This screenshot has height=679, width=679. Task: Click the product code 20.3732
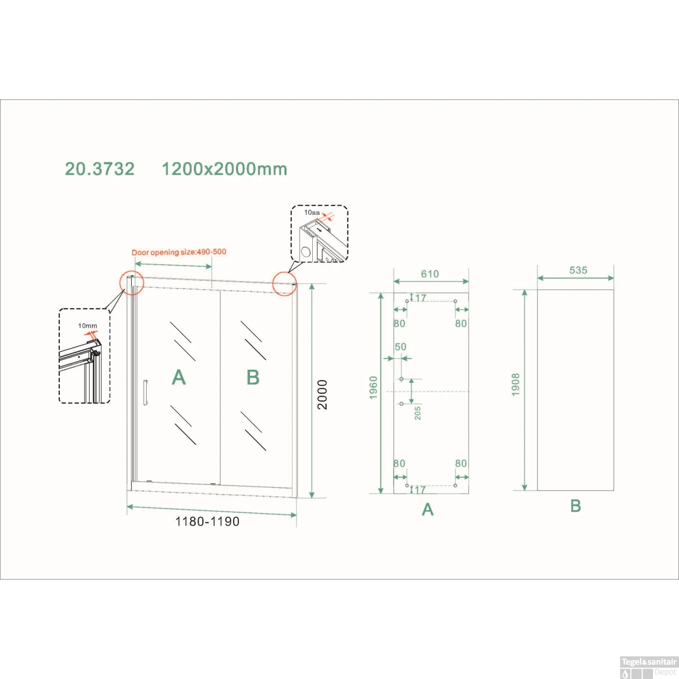[100, 169]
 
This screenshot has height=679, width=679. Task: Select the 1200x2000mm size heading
[225, 169]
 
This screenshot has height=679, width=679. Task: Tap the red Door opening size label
[179, 252]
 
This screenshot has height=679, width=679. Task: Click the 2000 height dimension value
[322, 395]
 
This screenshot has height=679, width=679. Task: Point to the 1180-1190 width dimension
[207, 521]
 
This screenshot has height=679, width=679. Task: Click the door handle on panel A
[145, 392]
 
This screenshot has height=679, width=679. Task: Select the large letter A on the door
[179, 378]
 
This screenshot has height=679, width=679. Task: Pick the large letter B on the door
[253, 378]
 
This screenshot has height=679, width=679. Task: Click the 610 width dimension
[430, 274]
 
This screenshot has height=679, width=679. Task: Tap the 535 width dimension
[578, 270]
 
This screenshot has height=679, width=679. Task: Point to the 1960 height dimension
[373, 388]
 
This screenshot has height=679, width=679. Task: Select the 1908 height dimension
[516, 385]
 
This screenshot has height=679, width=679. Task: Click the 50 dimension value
[401, 347]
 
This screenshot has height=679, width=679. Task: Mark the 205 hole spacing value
[417, 413]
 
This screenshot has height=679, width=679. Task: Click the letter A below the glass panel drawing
[428, 510]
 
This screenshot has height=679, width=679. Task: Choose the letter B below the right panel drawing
[575, 506]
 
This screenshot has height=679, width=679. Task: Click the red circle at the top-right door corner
[284, 284]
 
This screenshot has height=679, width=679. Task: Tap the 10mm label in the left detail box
[87, 326]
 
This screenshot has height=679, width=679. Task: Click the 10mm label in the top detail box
[312, 212]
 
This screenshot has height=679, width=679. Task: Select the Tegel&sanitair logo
[649, 662]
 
